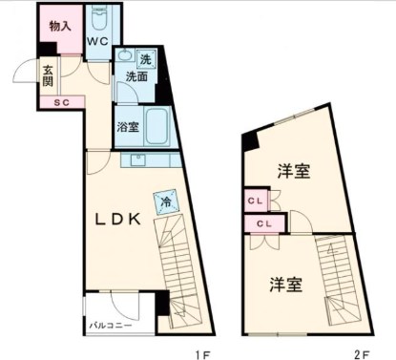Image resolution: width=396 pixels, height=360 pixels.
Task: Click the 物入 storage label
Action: pos(60,26)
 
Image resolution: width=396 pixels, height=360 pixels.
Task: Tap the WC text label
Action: pos(98,42)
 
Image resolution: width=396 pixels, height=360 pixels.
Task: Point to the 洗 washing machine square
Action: pos(145,59)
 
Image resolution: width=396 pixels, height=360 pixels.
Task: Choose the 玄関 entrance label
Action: pos(47,74)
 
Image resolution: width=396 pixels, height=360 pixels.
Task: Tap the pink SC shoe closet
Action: pos(60,102)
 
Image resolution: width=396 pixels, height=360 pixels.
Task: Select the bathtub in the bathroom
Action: pos(155,124)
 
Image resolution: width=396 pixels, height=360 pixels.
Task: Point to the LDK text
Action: pos(116,219)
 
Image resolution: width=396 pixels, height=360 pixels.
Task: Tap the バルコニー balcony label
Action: pos(111,326)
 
